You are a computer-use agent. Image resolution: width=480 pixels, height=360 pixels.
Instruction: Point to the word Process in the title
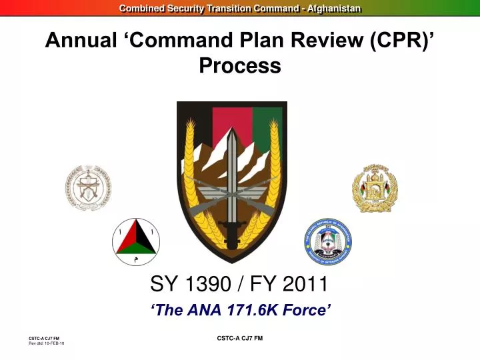point(239,66)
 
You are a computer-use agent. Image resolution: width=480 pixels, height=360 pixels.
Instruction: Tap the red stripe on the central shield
point(231,120)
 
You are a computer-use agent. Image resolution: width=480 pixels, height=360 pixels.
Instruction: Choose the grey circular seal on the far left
point(88,187)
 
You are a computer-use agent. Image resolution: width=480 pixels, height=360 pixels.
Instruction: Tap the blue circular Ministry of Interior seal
point(328,241)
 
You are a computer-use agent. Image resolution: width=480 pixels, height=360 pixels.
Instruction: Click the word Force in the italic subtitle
point(305,309)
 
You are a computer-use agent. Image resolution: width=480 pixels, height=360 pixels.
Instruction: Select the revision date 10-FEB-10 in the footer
point(54,343)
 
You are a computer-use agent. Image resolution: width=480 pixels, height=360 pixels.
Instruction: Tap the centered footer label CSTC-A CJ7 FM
point(240,339)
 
